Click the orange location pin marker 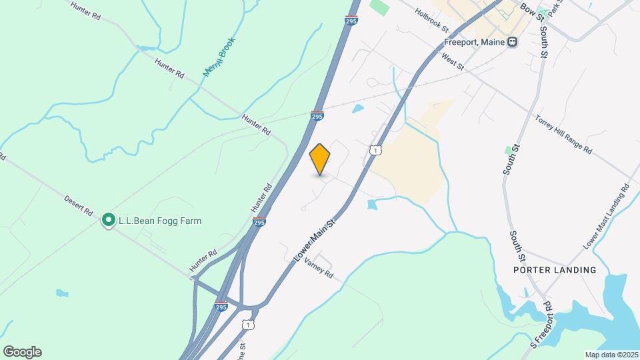click(x=320, y=159)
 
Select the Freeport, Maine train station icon click(x=512, y=41)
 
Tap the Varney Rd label click(x=318, y=267)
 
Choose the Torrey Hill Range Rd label click(x=563, y=134)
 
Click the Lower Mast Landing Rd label click(x=606, y=217)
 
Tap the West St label click(x=452, y=59)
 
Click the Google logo click(x=22, y=351)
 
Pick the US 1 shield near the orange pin click(x=375, y=151)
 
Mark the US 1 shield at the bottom click(x=248, y=325)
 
